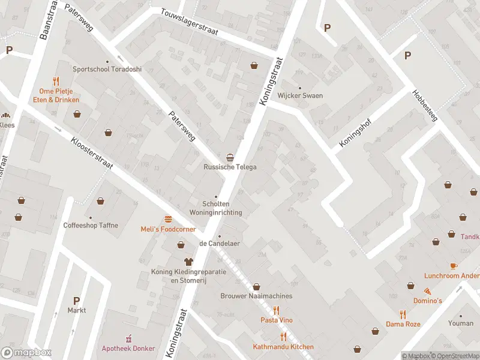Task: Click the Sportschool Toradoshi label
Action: (107, 69)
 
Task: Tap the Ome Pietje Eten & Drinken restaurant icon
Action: (56, 80)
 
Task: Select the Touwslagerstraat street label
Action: (188, 22)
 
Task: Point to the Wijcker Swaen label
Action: (300, 95)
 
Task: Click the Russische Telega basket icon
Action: (229, 157)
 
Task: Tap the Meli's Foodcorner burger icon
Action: (168, 219)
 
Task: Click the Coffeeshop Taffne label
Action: (91, 226)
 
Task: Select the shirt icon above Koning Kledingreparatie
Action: (188, 262)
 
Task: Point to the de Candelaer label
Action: (219, 244)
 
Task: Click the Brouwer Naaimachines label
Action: (256, 296)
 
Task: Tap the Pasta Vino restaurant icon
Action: (276, 310)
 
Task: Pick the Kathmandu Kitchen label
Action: (283, 347)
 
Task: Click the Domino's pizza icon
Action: (418, 290)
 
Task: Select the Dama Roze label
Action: (403, 324)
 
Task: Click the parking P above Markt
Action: (76, 301)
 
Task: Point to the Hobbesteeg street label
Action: (425, 106)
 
